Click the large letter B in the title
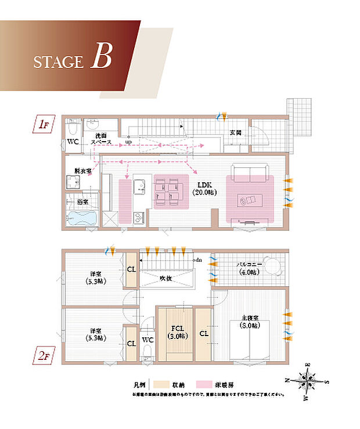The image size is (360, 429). [101, 58]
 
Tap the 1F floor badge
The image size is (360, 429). [42, 124]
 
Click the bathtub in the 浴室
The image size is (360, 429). [81, 219]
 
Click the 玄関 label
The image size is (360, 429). [235, 132]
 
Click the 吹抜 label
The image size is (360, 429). [167, 278]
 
